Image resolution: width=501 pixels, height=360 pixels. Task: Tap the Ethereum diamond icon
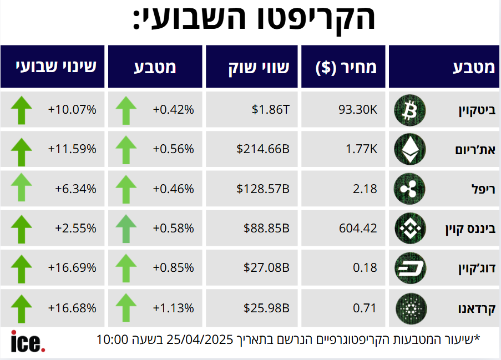coord(409,149)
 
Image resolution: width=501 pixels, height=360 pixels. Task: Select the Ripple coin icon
coord(409,189)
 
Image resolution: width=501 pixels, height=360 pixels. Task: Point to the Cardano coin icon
coord(409,308)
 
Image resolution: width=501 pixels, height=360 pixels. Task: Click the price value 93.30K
coord(358,110)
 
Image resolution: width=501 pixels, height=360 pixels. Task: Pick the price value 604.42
coord(357,229)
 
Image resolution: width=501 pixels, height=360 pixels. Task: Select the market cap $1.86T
coord(271,110)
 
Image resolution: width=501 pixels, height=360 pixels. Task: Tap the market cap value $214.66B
coord(263,149)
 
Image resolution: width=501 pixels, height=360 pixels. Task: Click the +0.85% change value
coord(174,268)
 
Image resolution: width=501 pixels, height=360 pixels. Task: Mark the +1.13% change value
coord(174,308)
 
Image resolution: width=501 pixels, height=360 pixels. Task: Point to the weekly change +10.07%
coord(72,110)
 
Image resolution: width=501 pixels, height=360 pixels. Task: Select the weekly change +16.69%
coord(72,268)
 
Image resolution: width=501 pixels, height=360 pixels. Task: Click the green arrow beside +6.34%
coord(22,188)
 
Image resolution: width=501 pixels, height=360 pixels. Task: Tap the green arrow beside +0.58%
coord(126,229)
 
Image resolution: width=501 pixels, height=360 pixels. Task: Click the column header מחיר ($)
coord(346,68)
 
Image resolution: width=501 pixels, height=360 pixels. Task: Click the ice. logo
coord(28,341)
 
